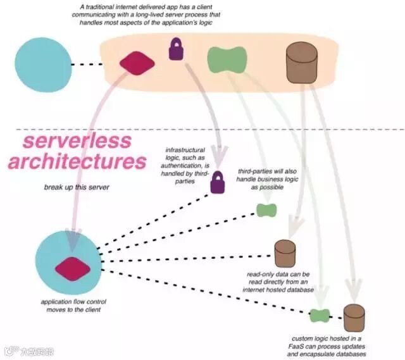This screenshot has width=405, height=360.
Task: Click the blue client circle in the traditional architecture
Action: [x=44, y=64]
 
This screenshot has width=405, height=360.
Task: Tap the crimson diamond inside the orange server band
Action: [x=137, y=63]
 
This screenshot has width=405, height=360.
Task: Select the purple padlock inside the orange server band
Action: [x=175, y=49]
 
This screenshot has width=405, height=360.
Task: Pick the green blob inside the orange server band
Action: [x=226, y=59]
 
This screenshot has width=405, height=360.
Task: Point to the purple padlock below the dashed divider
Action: [x=218, y=182]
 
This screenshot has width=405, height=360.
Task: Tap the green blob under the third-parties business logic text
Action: [x=266, y=210]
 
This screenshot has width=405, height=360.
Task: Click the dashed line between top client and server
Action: [x=87, y=64]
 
